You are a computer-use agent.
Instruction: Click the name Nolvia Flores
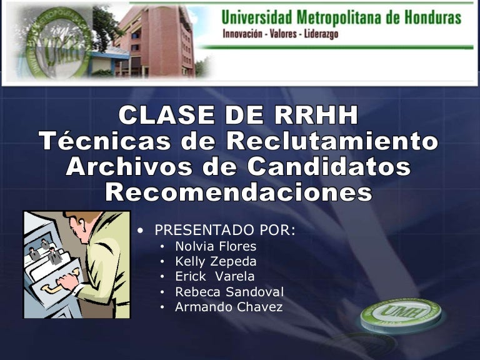216,246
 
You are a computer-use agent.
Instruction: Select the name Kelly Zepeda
216,261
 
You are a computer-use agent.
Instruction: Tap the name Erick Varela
215,276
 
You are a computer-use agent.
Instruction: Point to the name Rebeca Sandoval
229,292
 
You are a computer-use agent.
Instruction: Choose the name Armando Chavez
229,307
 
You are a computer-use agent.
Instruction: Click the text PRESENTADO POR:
225,230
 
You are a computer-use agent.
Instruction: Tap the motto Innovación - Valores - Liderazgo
280,34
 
